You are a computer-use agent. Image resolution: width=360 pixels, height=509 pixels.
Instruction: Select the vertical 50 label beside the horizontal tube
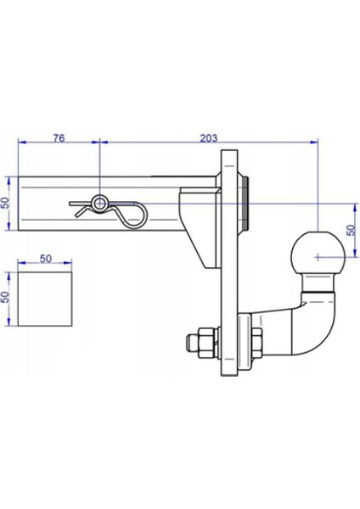point(7,204)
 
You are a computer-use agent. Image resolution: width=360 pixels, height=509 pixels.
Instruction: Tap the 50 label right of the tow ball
point(351,230)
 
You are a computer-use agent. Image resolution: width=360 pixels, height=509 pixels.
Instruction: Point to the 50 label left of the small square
point(7,298)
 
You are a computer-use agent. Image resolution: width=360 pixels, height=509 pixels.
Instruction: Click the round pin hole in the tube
point(101,204)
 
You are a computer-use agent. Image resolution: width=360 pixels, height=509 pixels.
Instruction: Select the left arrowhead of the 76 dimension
point(20,142)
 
